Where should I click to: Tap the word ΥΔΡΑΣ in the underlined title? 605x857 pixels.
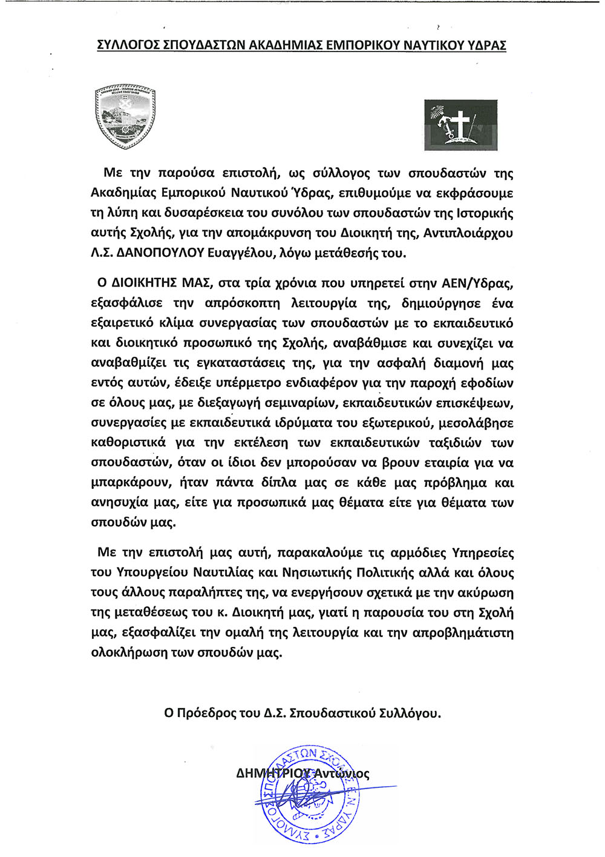click(x=487, y=45)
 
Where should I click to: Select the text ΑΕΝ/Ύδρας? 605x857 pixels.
click(x=479, y=283)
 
